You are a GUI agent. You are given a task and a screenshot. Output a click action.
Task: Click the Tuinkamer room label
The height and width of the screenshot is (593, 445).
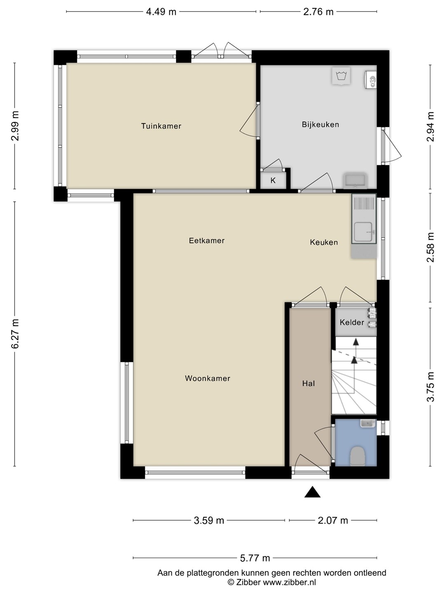point(161,126)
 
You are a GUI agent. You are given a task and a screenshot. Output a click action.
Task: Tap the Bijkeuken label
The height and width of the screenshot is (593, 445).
point(320,124)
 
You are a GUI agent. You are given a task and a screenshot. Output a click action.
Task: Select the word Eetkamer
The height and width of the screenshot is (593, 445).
point(207,240)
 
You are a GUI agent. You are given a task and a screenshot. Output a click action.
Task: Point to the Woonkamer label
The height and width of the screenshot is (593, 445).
point(208,378)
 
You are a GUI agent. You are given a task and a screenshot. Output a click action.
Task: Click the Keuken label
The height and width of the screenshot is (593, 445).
point(324,242)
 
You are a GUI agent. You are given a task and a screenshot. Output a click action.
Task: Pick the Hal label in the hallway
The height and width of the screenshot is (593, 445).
point(309,383)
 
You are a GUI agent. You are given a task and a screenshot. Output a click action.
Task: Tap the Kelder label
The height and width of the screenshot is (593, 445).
point(352,322)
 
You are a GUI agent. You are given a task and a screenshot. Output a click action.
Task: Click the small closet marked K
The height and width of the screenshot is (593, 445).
point(273,180)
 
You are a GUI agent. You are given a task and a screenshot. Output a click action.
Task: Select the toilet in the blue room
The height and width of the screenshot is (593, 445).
point(358,456)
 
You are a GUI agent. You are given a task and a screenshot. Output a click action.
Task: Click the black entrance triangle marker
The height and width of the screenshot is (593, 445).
point(312,492)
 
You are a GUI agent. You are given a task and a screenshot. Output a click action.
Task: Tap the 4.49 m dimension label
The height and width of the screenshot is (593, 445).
point(161,12)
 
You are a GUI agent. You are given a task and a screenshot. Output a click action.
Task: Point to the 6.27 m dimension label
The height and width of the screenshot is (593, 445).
point(16,334)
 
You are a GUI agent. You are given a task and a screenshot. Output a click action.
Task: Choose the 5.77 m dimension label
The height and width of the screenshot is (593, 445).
point(255,558)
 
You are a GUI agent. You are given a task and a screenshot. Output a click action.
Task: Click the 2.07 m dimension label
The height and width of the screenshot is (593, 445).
point(333,521)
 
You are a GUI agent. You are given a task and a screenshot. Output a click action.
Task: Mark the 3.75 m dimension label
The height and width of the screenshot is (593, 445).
point(431,387)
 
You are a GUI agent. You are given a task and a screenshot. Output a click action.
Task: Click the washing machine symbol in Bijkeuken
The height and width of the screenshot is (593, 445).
point(341,76)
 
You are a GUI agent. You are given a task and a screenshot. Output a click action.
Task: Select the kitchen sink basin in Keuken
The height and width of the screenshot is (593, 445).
point(364,232)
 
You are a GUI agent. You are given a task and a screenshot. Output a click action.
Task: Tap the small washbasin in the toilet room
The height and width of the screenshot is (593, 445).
point(368,423)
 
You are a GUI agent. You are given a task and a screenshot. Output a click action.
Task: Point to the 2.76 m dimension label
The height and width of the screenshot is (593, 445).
point(318,12)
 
